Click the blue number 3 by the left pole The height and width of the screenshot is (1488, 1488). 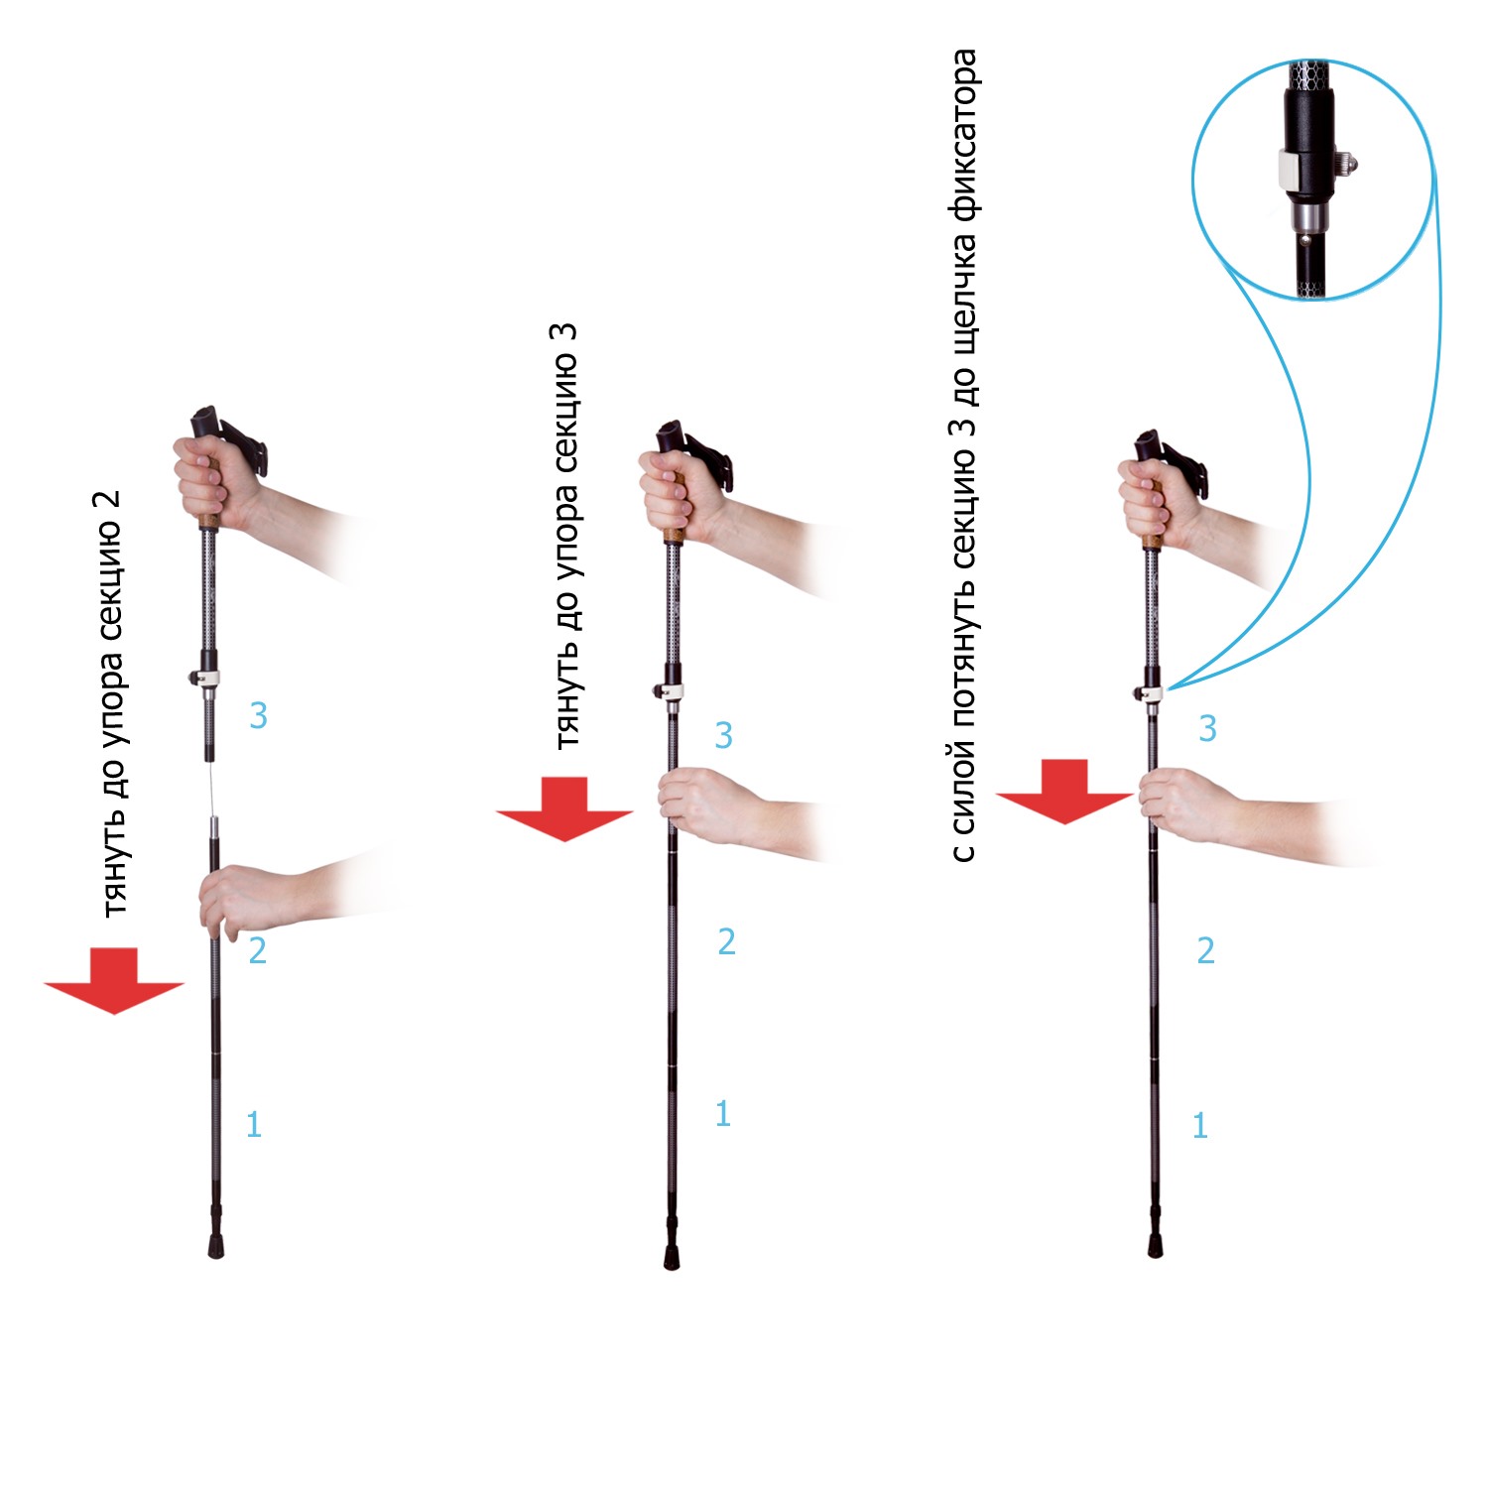point(258,715)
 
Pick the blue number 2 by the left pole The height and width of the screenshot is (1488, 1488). point(257,950)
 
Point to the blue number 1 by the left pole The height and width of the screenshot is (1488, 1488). point(254,1124)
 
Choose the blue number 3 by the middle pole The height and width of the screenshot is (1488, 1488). point(723,735)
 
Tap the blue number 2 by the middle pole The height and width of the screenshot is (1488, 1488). point(726,941)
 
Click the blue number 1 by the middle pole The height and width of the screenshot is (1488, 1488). point(723,1114)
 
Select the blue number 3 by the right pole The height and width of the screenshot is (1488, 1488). point(1207,729)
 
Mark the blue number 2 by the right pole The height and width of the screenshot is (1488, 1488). point(1205,950)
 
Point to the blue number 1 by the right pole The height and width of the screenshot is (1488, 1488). point(1200,1125)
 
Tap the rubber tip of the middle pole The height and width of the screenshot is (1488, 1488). point(672,1256)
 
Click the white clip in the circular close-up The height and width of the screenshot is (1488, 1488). point(1288,170)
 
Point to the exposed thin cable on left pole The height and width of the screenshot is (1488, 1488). point(210,790)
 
